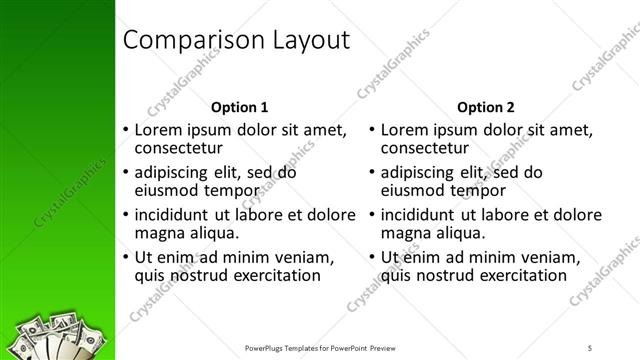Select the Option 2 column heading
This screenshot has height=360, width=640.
(x=485, y=107)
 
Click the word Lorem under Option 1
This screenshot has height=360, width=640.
(x=160, y=129)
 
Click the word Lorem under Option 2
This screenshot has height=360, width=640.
(x=406, y=129)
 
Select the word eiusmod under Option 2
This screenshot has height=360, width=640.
(x=415, y=190)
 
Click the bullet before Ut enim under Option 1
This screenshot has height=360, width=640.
(x=125, y=258)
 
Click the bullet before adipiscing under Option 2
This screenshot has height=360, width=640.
(x=371, y=172)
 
